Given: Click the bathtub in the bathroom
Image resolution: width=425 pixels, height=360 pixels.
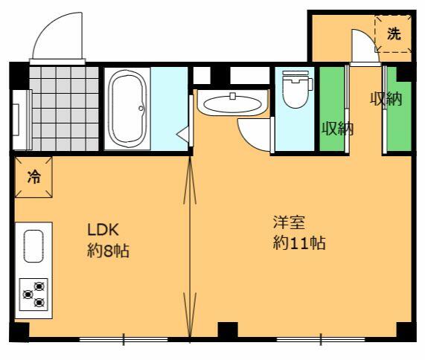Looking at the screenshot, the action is tap(127, 109).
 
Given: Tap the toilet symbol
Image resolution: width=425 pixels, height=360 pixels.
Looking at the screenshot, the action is tap(296, 89).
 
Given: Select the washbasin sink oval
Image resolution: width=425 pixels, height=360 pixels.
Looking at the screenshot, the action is tap(232, 104).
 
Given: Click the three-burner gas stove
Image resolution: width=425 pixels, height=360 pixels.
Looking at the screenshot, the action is tap(33, 295).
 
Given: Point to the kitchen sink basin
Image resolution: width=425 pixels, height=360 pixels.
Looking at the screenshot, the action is tap(33, 246).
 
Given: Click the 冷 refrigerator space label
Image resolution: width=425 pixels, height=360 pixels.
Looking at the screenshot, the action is tap(34, 177).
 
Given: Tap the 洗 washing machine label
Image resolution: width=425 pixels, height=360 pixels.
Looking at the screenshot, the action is tap(394, 34).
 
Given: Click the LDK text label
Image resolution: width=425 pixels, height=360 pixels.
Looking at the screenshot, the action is tap(103, 230).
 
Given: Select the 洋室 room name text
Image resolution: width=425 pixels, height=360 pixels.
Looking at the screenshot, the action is tap(290, 222).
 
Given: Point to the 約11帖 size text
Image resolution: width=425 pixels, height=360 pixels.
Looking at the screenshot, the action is tap(299, 242).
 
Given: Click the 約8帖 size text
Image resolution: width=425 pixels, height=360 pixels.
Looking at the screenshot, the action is tap(108, 251).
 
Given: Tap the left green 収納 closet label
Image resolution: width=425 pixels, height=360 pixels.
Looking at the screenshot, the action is tap(337, 129).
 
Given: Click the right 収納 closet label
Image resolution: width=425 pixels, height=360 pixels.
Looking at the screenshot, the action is tap(386, 99).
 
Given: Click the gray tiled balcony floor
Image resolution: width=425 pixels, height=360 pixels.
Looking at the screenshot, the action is tap(64, 109).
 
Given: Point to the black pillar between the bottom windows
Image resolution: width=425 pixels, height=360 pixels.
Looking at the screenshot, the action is tap(228, 330).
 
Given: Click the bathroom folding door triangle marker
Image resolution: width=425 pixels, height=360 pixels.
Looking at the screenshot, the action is tap(182, 134).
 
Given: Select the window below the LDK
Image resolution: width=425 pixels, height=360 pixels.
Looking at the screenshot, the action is tap(124, 339).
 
